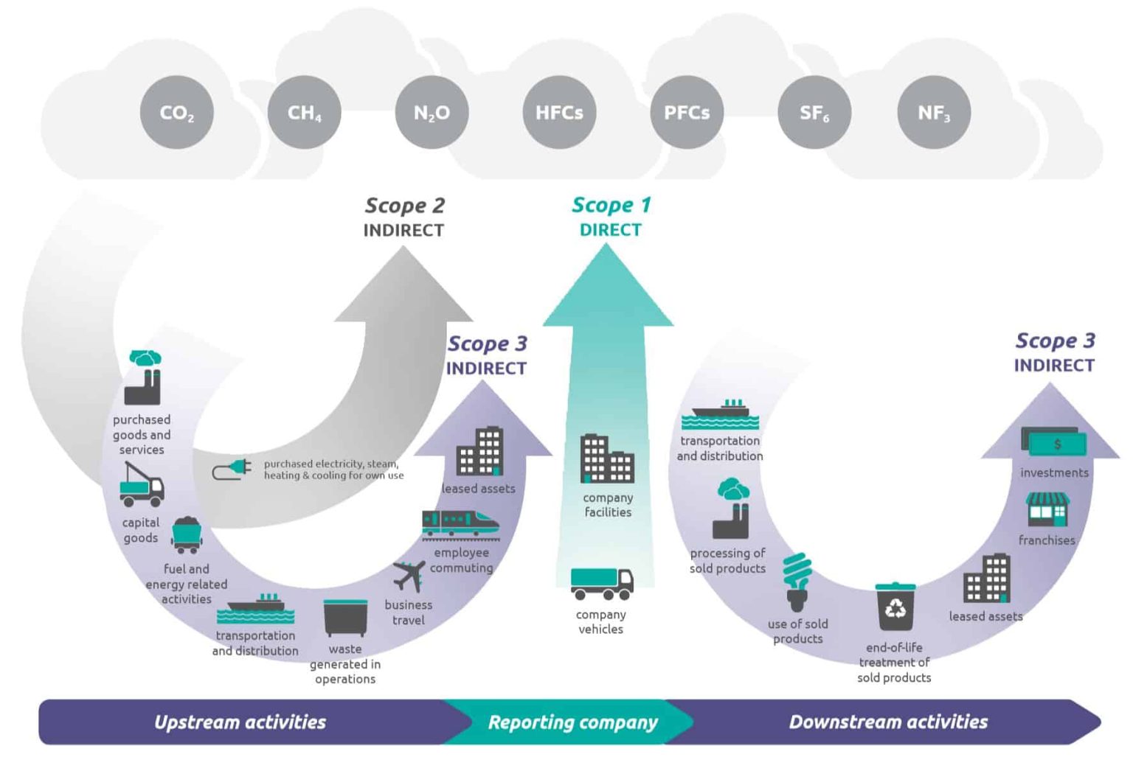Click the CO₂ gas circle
click(176, 112)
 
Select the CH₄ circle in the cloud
click(304, 112)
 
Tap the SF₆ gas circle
click(814, 112)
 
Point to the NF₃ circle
click(934, 112)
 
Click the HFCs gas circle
click(559, 112)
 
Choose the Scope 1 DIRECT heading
click(611, 216)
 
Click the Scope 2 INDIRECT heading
click(404, 217)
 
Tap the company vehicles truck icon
click(601, 583)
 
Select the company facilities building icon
click(606, 458)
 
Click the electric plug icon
click(232, 469)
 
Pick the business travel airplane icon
click(409, 576)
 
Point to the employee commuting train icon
click(460, 524)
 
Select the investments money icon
click(1053, 442)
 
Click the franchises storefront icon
click(1047, 509)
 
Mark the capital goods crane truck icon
click(142, 485)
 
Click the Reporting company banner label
click(572, 722)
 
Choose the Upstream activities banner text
click(240, 722)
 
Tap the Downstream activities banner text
click(888, 722)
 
